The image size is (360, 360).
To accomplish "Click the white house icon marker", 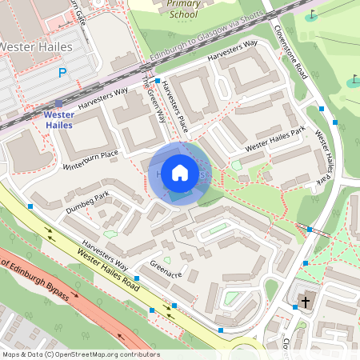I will pos(180,173).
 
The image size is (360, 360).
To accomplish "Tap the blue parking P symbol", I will pos(62,74).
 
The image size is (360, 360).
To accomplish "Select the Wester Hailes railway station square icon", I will pos(58,103).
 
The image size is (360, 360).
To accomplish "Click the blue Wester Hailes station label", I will pos(59,120).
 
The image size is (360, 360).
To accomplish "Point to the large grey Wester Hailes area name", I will pos(36,47).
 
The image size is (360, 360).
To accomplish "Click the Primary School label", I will pos(184,9).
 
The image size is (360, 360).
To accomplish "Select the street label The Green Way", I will pos(154,100).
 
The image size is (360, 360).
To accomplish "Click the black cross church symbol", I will pos(304,301).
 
